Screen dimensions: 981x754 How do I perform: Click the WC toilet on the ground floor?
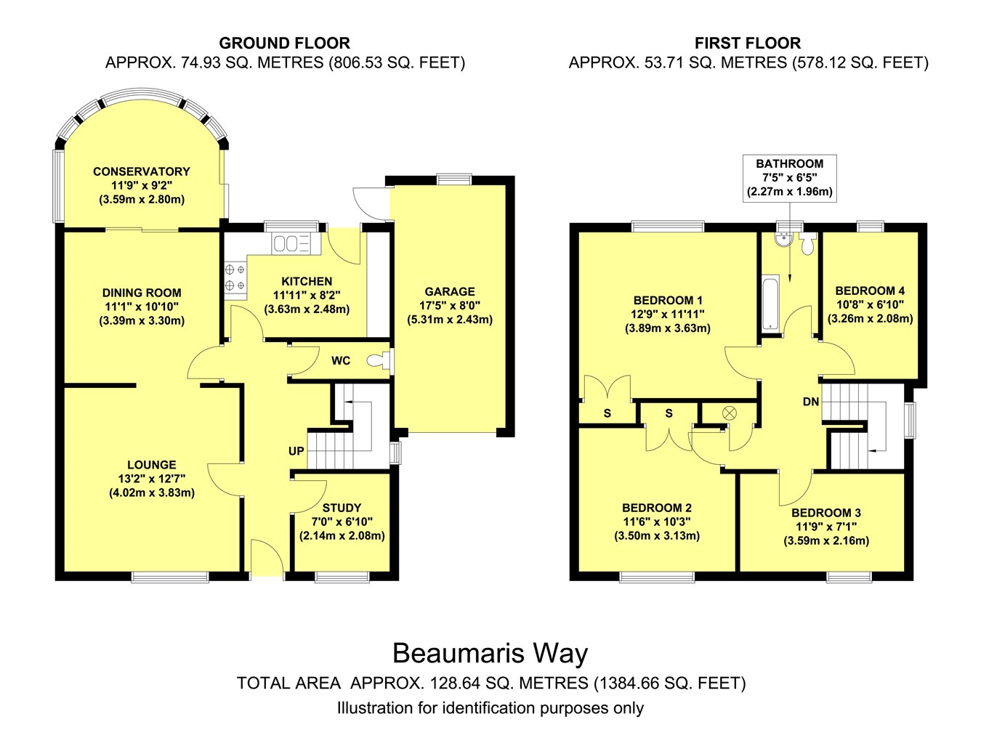click(x=376, y=360)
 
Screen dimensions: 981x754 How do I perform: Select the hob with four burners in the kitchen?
click(x=235, y=277)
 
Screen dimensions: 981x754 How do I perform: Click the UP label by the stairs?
click(x=296, y=451)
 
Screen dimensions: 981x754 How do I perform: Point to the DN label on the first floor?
click(x=811, y=402)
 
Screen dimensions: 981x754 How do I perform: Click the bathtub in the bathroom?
click(x=770, y=303)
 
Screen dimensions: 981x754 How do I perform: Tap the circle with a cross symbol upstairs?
click(x=730, y=413)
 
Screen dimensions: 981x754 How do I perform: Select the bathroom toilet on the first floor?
click(x=807, y=244)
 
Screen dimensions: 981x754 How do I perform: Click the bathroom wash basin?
click(x=785, y=240)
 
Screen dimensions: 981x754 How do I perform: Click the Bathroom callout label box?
click(x=790, y=178)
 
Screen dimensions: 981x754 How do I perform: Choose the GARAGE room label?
click(x=450, y=291)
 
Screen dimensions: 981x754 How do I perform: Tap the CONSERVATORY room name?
click(x=141, y=171)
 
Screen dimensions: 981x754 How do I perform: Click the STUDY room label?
click(x=342, y=508)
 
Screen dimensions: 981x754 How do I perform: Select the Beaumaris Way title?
click(x=490, y=654)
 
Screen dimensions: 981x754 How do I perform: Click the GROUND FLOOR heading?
click(x=284, y=44)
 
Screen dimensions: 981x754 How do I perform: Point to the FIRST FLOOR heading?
click(x=748, y=44)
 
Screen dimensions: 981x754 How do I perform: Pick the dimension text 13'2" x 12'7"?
click(x=152, y=478)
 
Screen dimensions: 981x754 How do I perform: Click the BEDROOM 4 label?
click(x=870, y=291)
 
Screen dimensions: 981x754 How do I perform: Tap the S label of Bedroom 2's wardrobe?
click(x=669, y=413)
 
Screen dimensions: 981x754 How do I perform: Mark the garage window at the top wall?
click(x=454, y=179)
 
